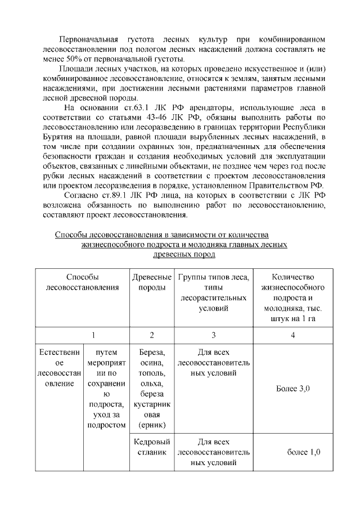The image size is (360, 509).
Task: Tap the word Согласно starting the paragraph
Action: pos(83,195)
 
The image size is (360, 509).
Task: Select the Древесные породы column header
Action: pos(152,282)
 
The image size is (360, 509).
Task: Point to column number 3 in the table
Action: pos(213,335)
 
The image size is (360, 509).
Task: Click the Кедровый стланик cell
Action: pos(152,447)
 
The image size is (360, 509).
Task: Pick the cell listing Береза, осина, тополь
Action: pos(152,389)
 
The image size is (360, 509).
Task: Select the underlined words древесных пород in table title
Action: pos(184,254)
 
